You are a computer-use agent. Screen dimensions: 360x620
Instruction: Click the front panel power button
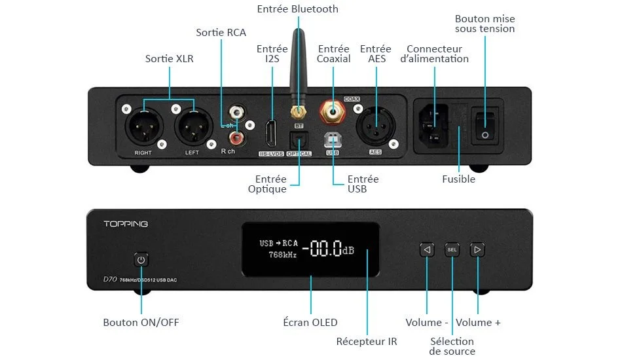click(x=141, y=260)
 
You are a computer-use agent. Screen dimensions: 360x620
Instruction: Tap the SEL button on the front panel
click(x=452, y=249)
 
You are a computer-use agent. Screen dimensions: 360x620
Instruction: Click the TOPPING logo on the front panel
click(x=126, y=224)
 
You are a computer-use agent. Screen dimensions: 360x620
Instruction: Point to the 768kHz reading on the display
click(x=283, y=255)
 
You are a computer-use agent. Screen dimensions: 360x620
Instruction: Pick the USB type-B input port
click(x=333, y=139)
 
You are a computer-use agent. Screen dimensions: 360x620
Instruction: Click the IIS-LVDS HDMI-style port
click(x=270, y=134)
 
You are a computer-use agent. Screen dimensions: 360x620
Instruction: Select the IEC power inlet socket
click(x=434, y=124)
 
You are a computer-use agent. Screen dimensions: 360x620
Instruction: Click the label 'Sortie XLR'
click(x=170, y=59)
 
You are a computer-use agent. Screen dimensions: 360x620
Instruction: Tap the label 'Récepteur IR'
click(x=367, y=341)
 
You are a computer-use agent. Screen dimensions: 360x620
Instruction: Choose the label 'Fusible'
click(x=459, y=179)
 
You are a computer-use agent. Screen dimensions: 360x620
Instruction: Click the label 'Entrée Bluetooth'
click(x=298, y=9)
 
